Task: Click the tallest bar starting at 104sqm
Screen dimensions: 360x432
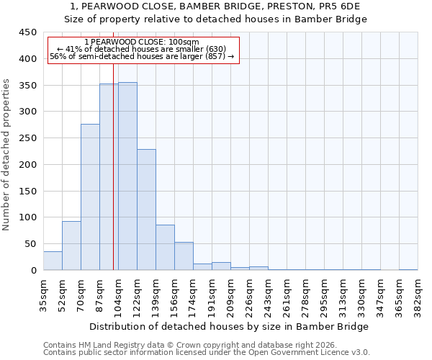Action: (127, 176)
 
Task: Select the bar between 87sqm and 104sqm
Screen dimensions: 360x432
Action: (109, 177)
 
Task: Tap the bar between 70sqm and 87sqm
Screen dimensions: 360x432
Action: (90, 197)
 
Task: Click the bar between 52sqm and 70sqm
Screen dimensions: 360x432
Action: (71, 246)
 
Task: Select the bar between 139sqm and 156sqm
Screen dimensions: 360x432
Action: (165, 248)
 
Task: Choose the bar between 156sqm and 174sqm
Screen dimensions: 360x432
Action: (184, 256)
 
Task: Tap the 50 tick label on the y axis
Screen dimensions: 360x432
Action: (30, 244)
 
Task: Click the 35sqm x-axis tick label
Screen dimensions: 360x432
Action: (42, 295)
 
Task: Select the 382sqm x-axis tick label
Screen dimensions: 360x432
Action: (417, 295)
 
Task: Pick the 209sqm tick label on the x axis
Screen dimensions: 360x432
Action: (230, 295)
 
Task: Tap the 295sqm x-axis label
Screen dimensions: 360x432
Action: (323, 295)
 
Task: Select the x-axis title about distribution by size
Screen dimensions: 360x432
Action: (230, 327)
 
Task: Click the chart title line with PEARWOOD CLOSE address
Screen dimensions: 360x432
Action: (215, 6)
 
